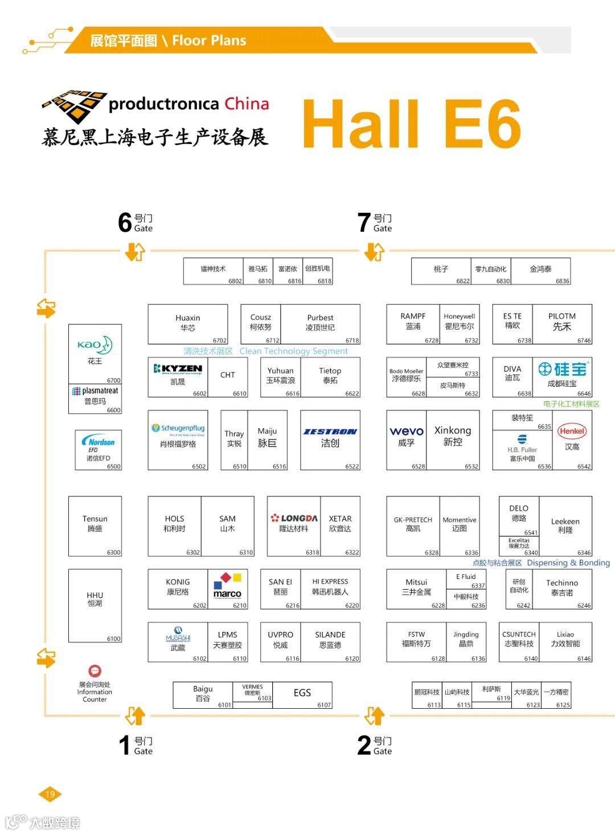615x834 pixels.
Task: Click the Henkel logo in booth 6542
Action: click(572, 431)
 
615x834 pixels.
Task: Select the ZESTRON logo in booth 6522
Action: click(330, 432)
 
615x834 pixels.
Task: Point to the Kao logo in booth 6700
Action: click(95, 345)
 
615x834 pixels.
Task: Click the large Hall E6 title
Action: click(411, 124)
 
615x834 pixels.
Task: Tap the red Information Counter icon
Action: click(95, 671)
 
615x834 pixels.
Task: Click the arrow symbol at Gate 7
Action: click(375, 251)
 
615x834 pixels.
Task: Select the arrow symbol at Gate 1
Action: click(136, 716)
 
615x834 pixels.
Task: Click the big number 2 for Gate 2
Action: click(364, 745)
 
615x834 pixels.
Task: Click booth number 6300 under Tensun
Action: click(114, 552)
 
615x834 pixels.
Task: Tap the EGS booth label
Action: click(302, 693)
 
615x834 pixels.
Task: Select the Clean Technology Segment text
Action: click(293, 351)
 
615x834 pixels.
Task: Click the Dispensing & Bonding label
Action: click(568, 562)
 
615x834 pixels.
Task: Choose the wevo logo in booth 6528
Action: click(407, 432)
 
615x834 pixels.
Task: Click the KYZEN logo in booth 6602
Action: click(178, 369)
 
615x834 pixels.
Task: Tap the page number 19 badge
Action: click(50, 794)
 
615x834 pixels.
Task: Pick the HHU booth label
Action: click(95, 598)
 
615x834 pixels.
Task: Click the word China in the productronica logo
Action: click(247, 104)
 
